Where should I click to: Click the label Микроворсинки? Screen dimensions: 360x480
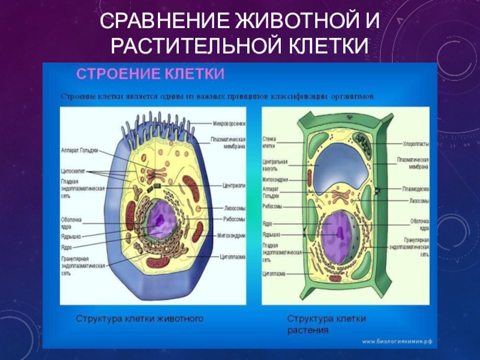229,124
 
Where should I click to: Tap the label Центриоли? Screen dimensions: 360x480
234,185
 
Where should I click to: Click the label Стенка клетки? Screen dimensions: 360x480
269,143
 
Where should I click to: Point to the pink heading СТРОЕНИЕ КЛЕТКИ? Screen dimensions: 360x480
150,74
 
